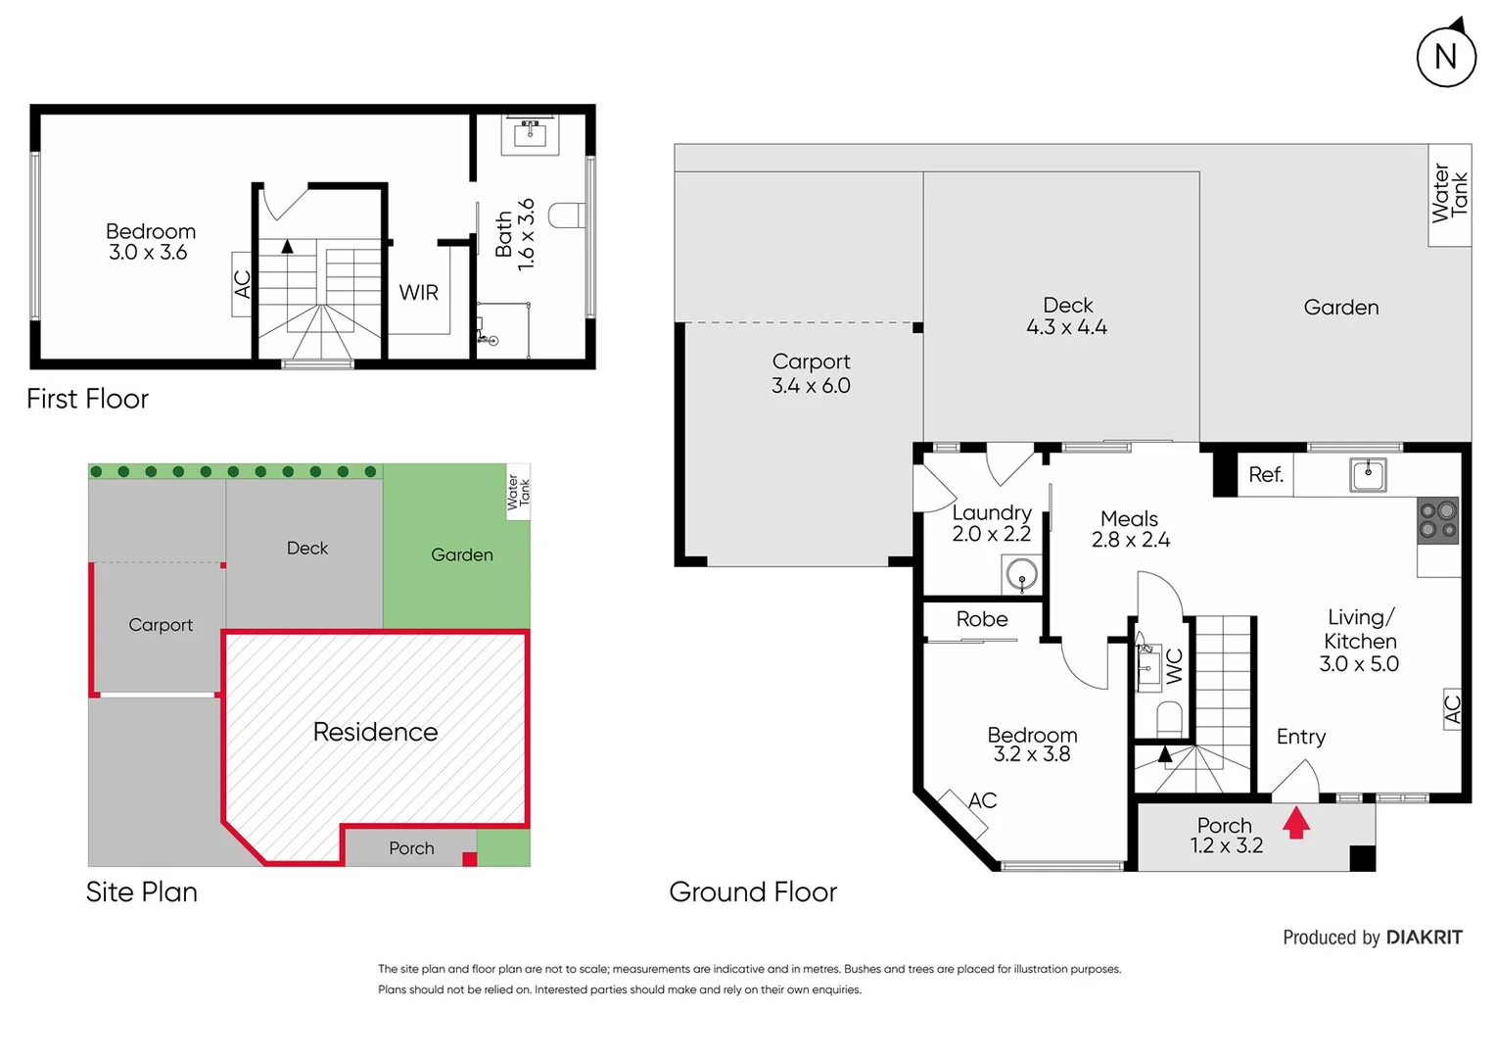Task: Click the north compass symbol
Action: pos(1445,56)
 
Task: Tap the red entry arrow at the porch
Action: pos(1296,822)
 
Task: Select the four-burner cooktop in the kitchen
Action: pos(1438,520)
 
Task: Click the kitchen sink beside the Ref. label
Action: pos(1368,475)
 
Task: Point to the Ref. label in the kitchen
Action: pos(1265,475)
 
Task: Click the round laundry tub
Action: pos(1021,574)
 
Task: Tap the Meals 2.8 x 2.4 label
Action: pos(1130,529)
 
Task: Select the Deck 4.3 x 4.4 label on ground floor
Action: pos(1067,316)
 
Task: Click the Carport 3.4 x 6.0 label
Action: pos(811,373)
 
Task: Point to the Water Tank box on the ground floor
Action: pos(1449,195)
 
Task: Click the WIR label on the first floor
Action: pos(418,293)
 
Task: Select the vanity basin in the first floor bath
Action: pos(530,133)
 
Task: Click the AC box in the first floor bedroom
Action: pos(242,284)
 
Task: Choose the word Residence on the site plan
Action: pos(375,732)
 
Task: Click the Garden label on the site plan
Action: pos(461,555)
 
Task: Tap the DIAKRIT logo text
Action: pos(1424,938)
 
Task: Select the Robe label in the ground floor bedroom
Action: pos(981,619)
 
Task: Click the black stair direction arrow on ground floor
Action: pos(1165,754)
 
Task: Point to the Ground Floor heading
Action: pos(753,891)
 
